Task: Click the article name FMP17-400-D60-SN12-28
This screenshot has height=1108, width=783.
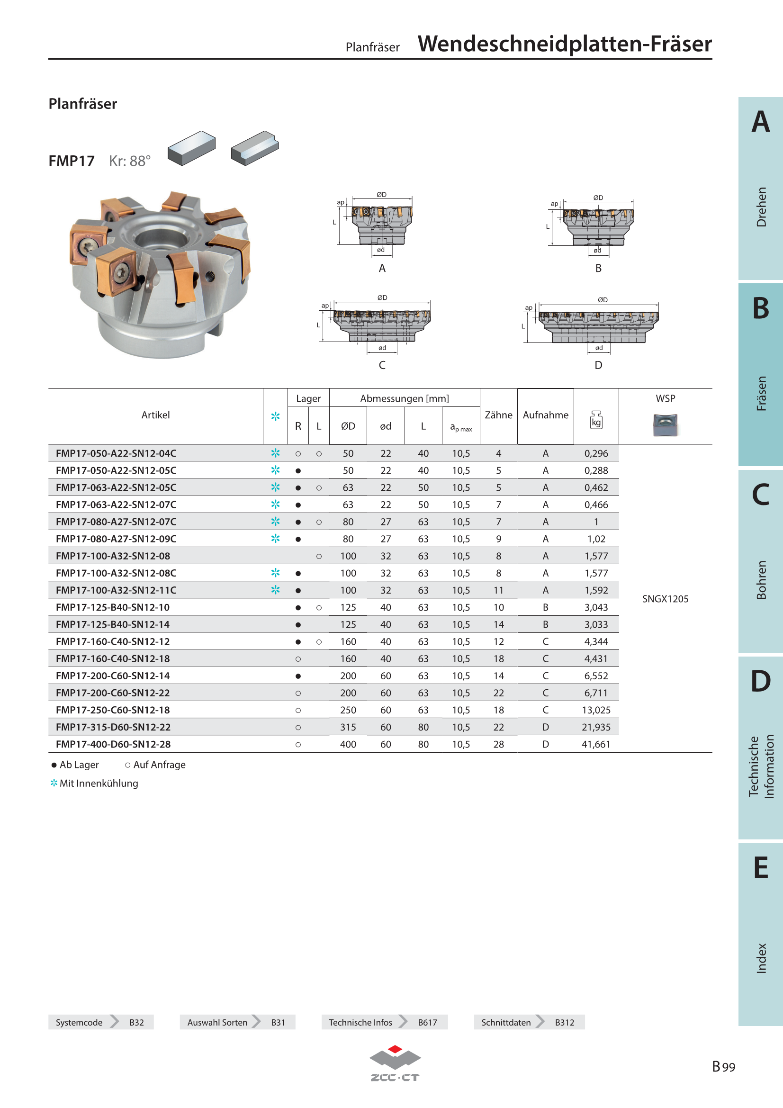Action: pos(113,744)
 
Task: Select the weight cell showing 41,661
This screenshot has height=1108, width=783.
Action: pos(596,744)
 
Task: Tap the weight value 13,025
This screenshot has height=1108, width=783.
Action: pos(596,710)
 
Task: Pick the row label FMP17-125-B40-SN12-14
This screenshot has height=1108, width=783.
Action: pos(113,624)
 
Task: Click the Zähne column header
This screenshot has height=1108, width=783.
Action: pos(498,415)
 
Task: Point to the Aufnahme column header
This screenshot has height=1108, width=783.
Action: pos(546,415)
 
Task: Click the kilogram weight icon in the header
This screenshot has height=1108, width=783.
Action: pos(596,419)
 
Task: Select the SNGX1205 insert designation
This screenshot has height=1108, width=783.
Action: pos(665,599)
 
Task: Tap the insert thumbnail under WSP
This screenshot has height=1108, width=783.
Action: pos(665,424)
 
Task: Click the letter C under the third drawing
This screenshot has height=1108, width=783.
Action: pos(382,365)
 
